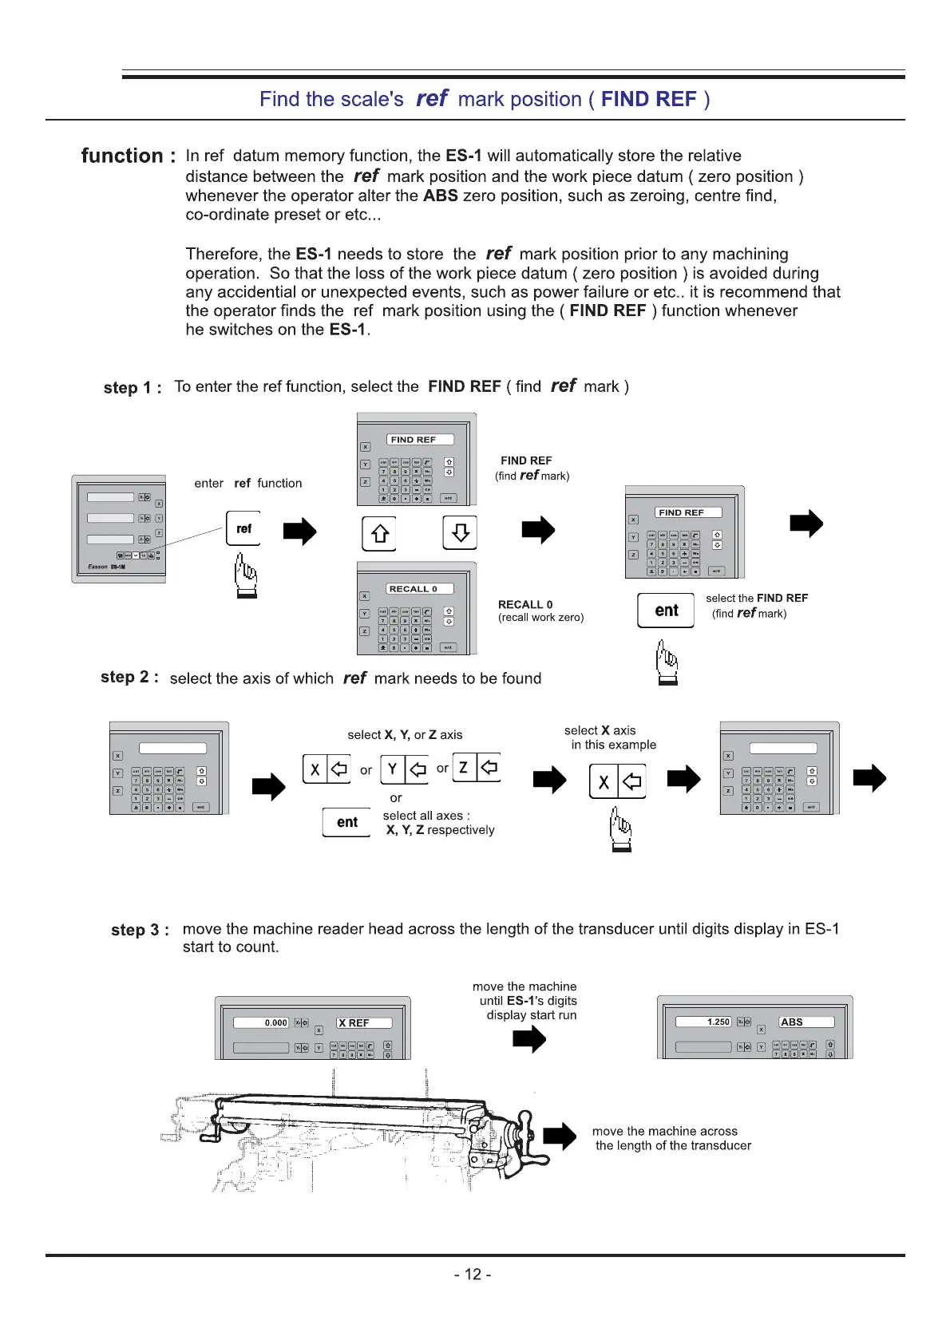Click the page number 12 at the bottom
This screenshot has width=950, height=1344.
coord(473,1275)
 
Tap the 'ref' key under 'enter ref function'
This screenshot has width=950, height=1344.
coord(243,528)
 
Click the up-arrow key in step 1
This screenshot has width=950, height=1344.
coord(379,533)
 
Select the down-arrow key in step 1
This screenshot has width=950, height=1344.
coord(460,532)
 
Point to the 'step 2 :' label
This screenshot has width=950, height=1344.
coord(129,678)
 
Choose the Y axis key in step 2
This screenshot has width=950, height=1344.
coord(405,769)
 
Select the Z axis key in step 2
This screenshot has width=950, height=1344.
coord(477,767)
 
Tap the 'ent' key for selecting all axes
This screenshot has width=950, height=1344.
coord(346,822)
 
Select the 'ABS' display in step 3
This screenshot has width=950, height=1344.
coord(806,1022)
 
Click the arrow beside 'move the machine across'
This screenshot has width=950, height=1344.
coord(560,1136)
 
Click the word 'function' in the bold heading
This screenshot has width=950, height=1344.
coord(122,156)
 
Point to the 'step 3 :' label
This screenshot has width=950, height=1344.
coord(140,930)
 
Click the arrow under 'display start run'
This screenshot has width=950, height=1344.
coord(528,1039)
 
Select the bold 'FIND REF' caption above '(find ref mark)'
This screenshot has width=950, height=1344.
coord(526,461)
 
